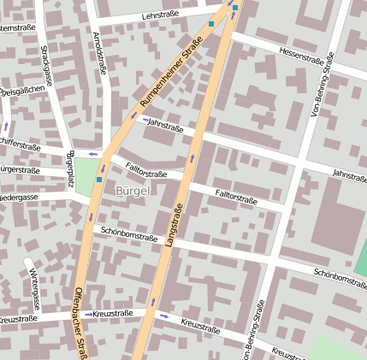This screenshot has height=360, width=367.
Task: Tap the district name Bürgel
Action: click(132, 191)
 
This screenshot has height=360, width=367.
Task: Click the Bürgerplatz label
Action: click(70, 169)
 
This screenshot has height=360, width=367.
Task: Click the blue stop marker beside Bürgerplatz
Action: click(99, 180)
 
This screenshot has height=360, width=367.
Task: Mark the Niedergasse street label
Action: click(19, 197)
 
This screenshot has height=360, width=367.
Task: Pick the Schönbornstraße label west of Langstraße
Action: click(128, 233)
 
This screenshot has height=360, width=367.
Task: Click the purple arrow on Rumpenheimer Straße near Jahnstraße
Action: click(133, 115)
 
